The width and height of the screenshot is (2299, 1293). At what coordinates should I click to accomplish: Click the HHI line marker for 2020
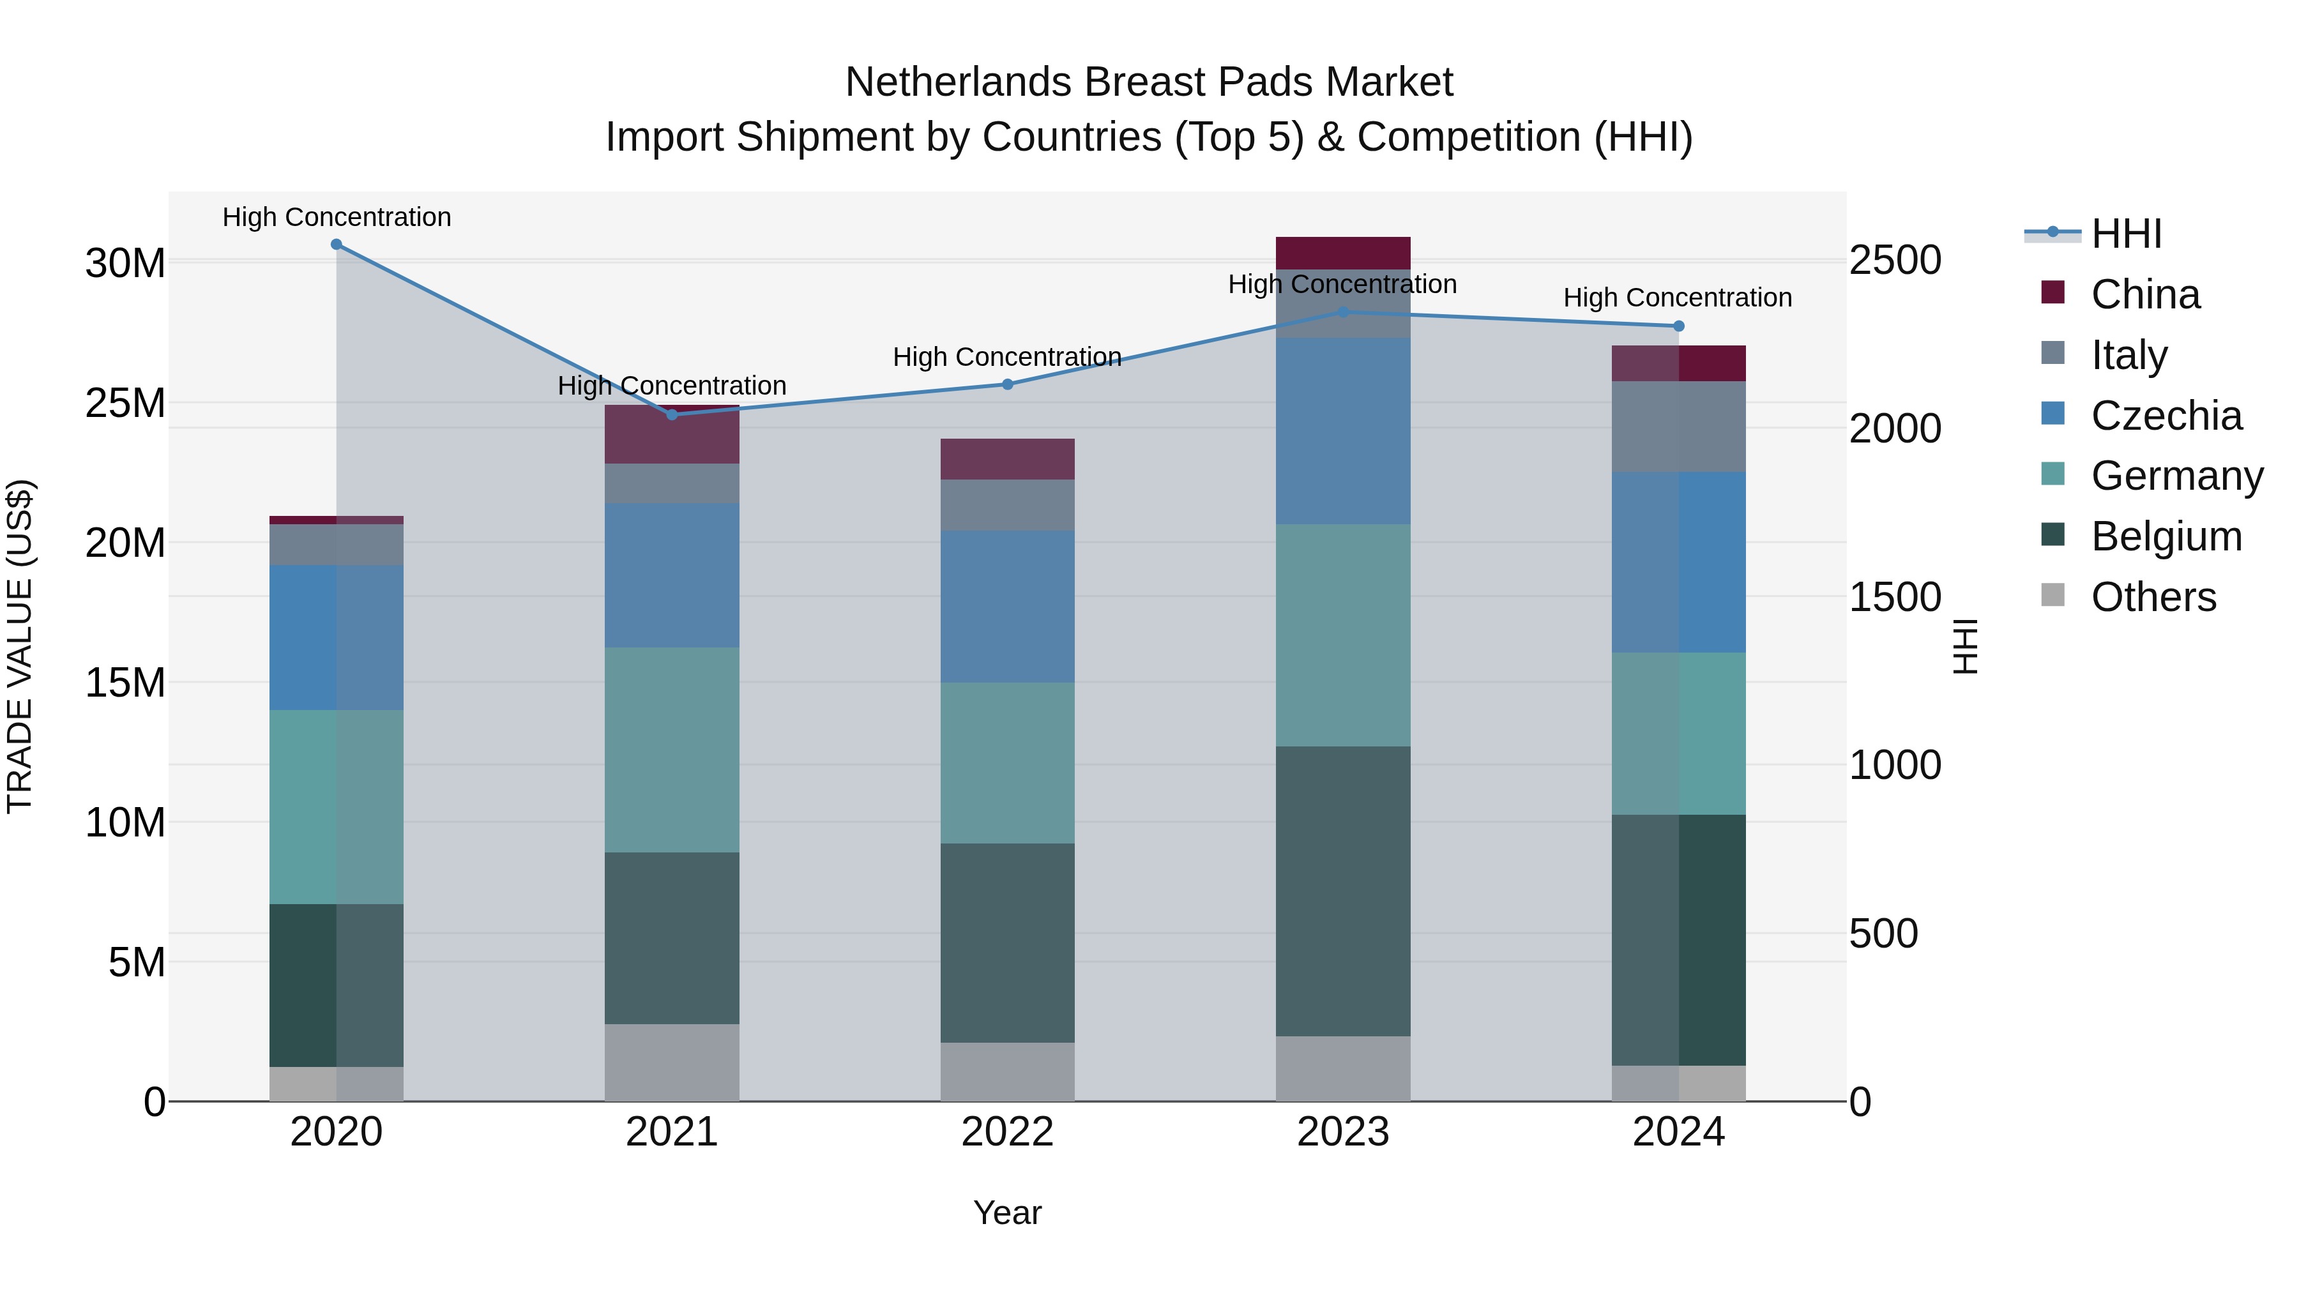(x=337, y=245)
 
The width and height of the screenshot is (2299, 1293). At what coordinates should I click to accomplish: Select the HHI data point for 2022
(x=1008, y=384)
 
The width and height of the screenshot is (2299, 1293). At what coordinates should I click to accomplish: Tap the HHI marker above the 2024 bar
(x=1678, y=326)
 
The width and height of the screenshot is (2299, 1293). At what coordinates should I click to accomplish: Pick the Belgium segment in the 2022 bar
(x=1008, y=943)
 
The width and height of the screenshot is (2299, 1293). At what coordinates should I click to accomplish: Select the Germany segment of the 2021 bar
(x=672, y=750)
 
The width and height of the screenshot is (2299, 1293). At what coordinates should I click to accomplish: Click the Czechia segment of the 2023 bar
(x=1342, y=431)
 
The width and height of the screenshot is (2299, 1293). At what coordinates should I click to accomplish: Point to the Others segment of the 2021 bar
(x=672, y=1062)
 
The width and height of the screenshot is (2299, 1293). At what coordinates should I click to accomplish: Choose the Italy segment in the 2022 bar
(x=1008, y=505)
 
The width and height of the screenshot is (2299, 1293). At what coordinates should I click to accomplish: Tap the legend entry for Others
(x=2153, y=597)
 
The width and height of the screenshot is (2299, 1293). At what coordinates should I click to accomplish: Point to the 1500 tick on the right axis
(x=1894, y=597)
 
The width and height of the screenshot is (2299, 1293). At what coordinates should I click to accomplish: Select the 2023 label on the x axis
(x=1342, y=1132)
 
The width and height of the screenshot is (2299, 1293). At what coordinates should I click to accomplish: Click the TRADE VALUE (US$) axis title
(x=20, y=646)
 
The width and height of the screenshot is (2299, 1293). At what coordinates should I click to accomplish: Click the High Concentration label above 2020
(x=337, y=217)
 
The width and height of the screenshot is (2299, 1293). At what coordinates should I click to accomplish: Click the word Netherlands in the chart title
(x=958, y=82)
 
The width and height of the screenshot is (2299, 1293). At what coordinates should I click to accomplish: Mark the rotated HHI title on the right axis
(x=1965, y=646)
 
